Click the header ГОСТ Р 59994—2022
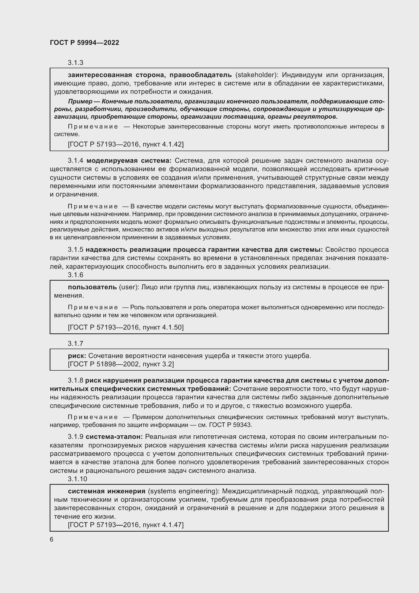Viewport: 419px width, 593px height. [x=84, y=43]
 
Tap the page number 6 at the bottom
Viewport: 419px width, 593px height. [x=52, y=539]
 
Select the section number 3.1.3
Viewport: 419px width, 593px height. [x=75, y=63]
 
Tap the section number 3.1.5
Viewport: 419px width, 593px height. [x=75, y=250]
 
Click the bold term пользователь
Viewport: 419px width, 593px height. [x=92, y=287]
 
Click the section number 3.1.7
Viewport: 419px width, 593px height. [x=75, y=344]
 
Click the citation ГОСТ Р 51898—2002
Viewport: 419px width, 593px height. [x=104, y=364]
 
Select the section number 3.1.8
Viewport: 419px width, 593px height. [x=75, y=381]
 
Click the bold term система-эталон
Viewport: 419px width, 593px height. [x=114, y=437]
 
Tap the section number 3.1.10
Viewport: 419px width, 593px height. [x=78, y=479]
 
